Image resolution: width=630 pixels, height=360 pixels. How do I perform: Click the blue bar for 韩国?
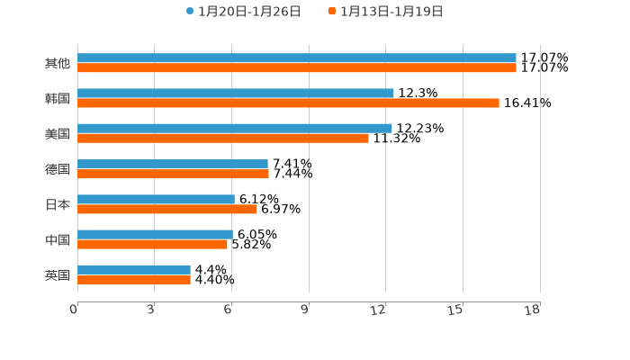[236, 94]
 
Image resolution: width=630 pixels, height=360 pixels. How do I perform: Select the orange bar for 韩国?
[288, 103]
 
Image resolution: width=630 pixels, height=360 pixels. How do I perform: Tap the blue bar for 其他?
[297, 58]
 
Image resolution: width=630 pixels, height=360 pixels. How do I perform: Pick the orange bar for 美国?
[223, 139]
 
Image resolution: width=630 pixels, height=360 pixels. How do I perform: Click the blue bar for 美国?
[235, 129]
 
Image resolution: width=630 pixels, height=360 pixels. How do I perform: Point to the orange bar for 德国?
[173, 174]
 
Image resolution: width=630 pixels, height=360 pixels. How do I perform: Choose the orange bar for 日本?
[167, 209]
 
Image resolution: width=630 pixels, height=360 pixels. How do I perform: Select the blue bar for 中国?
[155, 234]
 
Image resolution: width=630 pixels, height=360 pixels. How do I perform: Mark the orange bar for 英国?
[134, 280]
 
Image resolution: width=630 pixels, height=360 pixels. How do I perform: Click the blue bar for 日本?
[156, 199]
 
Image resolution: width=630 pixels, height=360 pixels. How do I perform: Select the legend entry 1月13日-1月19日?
[391, 12]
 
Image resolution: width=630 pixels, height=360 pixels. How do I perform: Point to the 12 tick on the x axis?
[379, 310]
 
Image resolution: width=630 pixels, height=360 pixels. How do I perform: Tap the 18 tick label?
[533, 310]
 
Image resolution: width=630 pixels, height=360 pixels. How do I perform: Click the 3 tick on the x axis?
[151, 310]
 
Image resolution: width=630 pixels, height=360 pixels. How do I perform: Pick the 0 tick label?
[74, 310]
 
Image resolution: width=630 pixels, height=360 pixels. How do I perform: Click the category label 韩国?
[58, 99]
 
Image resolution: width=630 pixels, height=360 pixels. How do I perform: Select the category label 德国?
[58, 169]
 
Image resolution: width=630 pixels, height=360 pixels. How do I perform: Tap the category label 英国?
[58, 275]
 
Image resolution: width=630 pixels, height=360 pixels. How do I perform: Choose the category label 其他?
[58, 64]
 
